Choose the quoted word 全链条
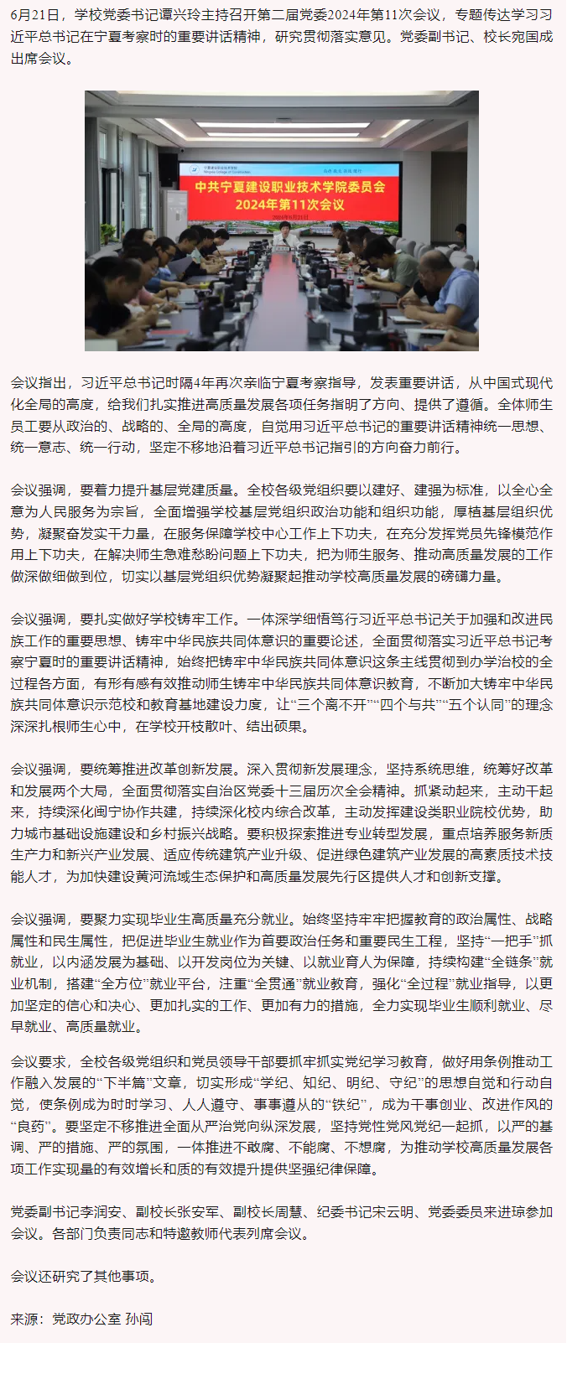pos(511,962)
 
